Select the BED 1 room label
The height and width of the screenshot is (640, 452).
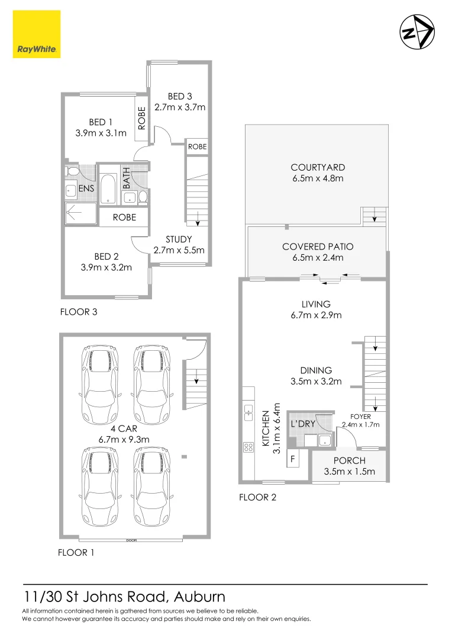click(x=101, y=123)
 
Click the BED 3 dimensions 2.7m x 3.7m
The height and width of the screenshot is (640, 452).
click(x=179, y=107)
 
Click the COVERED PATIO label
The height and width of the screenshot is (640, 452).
click(x=317, y=247)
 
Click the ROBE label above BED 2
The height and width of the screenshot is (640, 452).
click(x=124, y=217)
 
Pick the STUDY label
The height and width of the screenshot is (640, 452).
click(x=179, y=239)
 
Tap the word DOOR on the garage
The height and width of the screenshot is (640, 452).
click(x=131, y=540)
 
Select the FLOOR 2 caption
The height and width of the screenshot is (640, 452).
click(x=257, y=497)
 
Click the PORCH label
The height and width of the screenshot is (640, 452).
click(x=348, y=460)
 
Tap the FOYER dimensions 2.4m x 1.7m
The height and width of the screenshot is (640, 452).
click(x=360, y=424)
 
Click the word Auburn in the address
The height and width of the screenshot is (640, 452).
click(x=196, y=596)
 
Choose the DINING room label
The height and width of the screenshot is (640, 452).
click(x=316, y=370)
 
